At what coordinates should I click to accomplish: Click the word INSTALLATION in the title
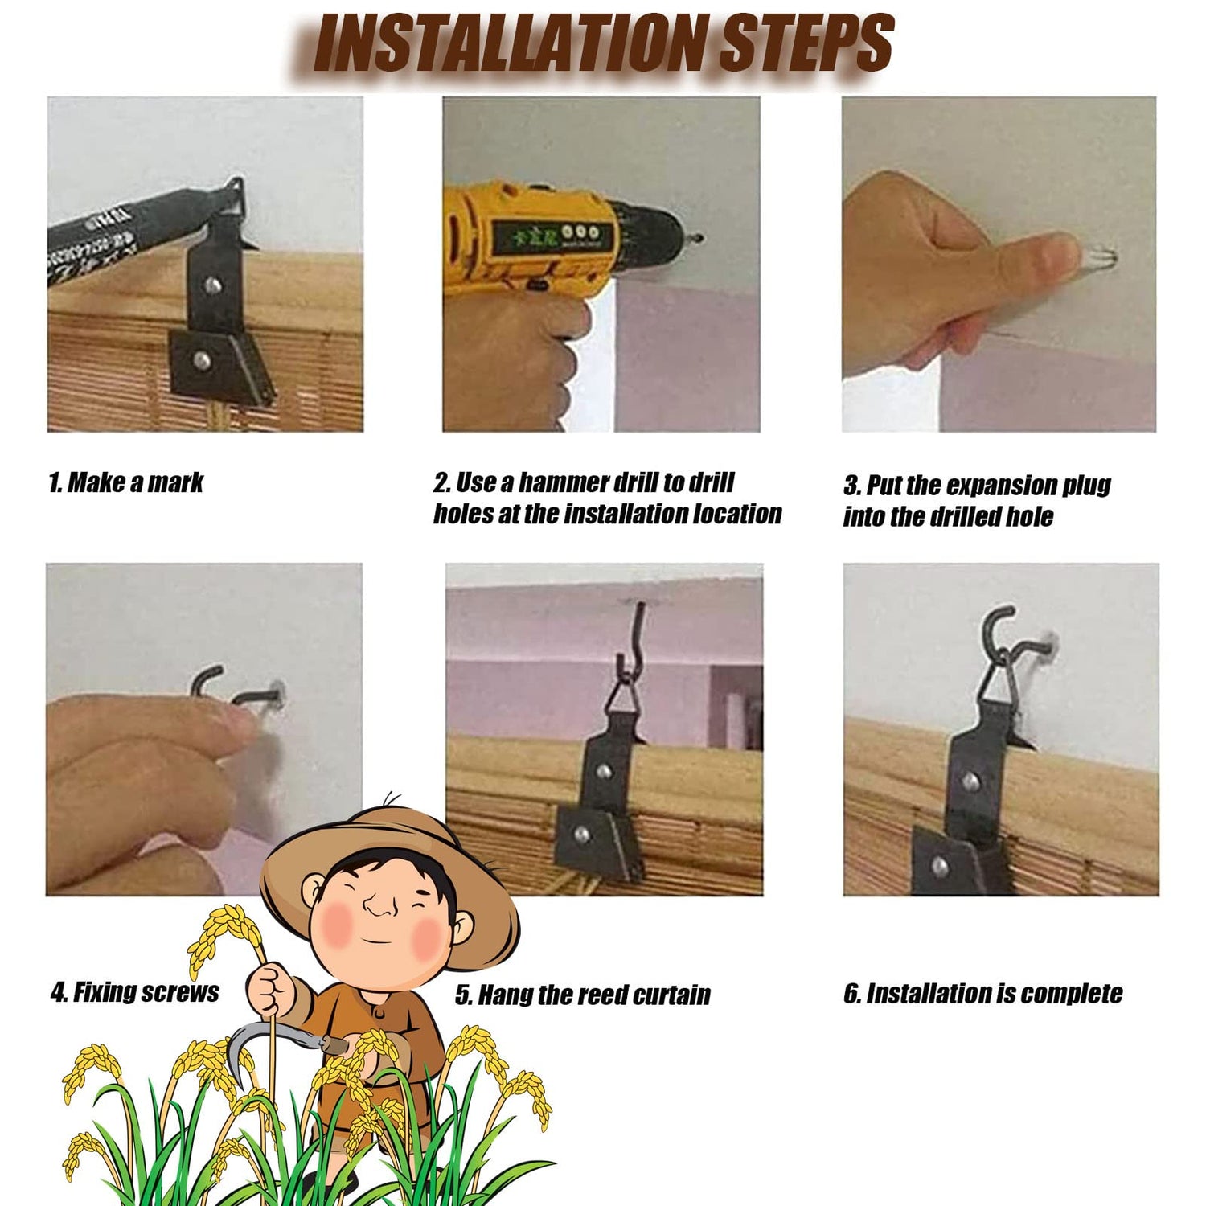click(511, 42)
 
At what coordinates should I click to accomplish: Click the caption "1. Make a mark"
click(126, 482)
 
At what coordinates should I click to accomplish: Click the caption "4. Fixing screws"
click(134, 992)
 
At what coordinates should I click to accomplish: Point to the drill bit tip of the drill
click(701, 237)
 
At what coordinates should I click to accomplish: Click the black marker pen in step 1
click(137, 233)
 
